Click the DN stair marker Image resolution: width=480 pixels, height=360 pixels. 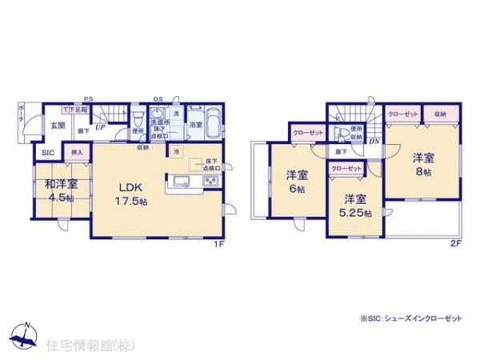pos(374,142)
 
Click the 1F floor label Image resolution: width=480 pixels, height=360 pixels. pos(218,244)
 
